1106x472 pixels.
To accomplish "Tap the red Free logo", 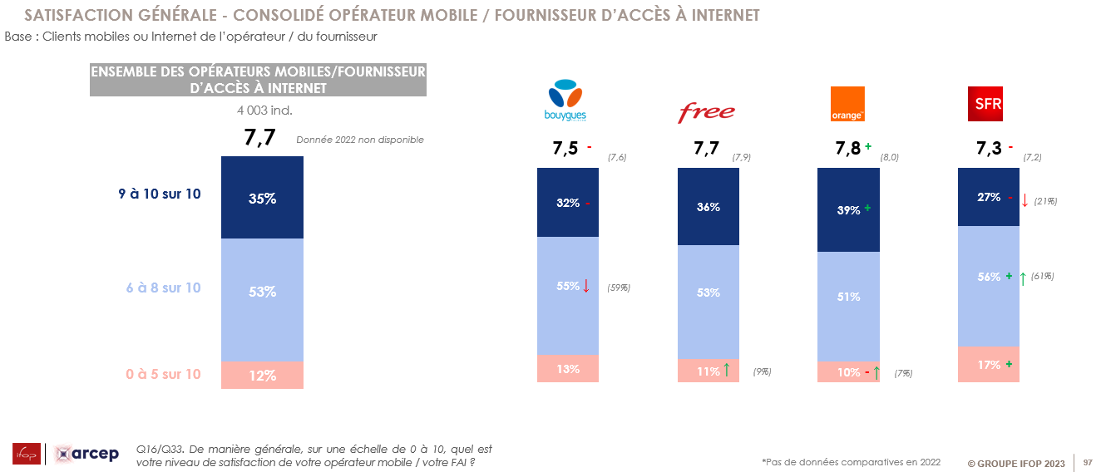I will pos(707,111).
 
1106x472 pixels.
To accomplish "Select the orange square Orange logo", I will pos(848,104).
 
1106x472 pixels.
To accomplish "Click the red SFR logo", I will pos(988,104).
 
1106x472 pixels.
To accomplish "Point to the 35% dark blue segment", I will pos(262,198).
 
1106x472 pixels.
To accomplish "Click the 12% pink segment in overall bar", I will pos(262,376).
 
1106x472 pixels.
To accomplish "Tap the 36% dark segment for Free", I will pos(709,207).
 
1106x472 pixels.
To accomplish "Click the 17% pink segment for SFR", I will pos(989,365).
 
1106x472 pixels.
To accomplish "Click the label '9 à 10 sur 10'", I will pos(159,194).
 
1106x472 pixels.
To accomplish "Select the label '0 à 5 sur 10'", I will pos(163,374).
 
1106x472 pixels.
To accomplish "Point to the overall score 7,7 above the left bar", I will pos(259,138).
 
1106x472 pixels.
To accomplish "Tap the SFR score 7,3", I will pos(989,150).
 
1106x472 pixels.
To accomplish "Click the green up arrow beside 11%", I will pos(727,371).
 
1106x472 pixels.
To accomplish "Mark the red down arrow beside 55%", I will pos(586,286).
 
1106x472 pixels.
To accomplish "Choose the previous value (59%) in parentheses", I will pos(618,288).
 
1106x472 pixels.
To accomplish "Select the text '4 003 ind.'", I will pos(264,110).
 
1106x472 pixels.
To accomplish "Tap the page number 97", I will pos(1087,462).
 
